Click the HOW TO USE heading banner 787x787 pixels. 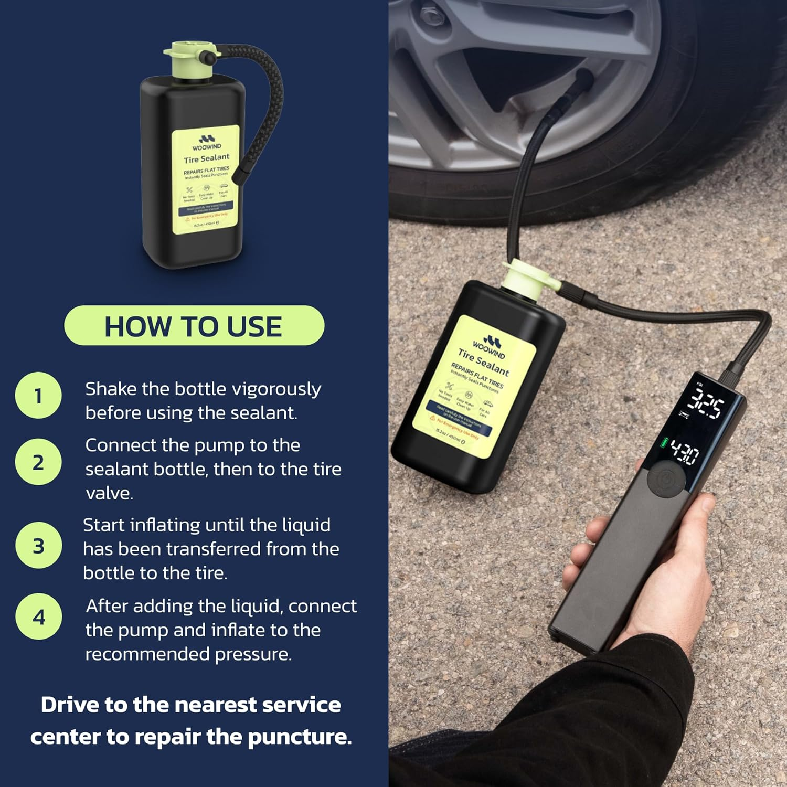(194, 326)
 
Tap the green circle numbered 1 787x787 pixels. (38, 396)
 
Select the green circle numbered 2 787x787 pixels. (38, 462)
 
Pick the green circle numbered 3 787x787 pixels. (38, 546)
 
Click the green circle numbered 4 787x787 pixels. (38, 617)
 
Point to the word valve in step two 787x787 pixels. (109, 493)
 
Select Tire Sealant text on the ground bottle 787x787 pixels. (483, 363)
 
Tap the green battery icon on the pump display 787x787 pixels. (664, 443)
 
